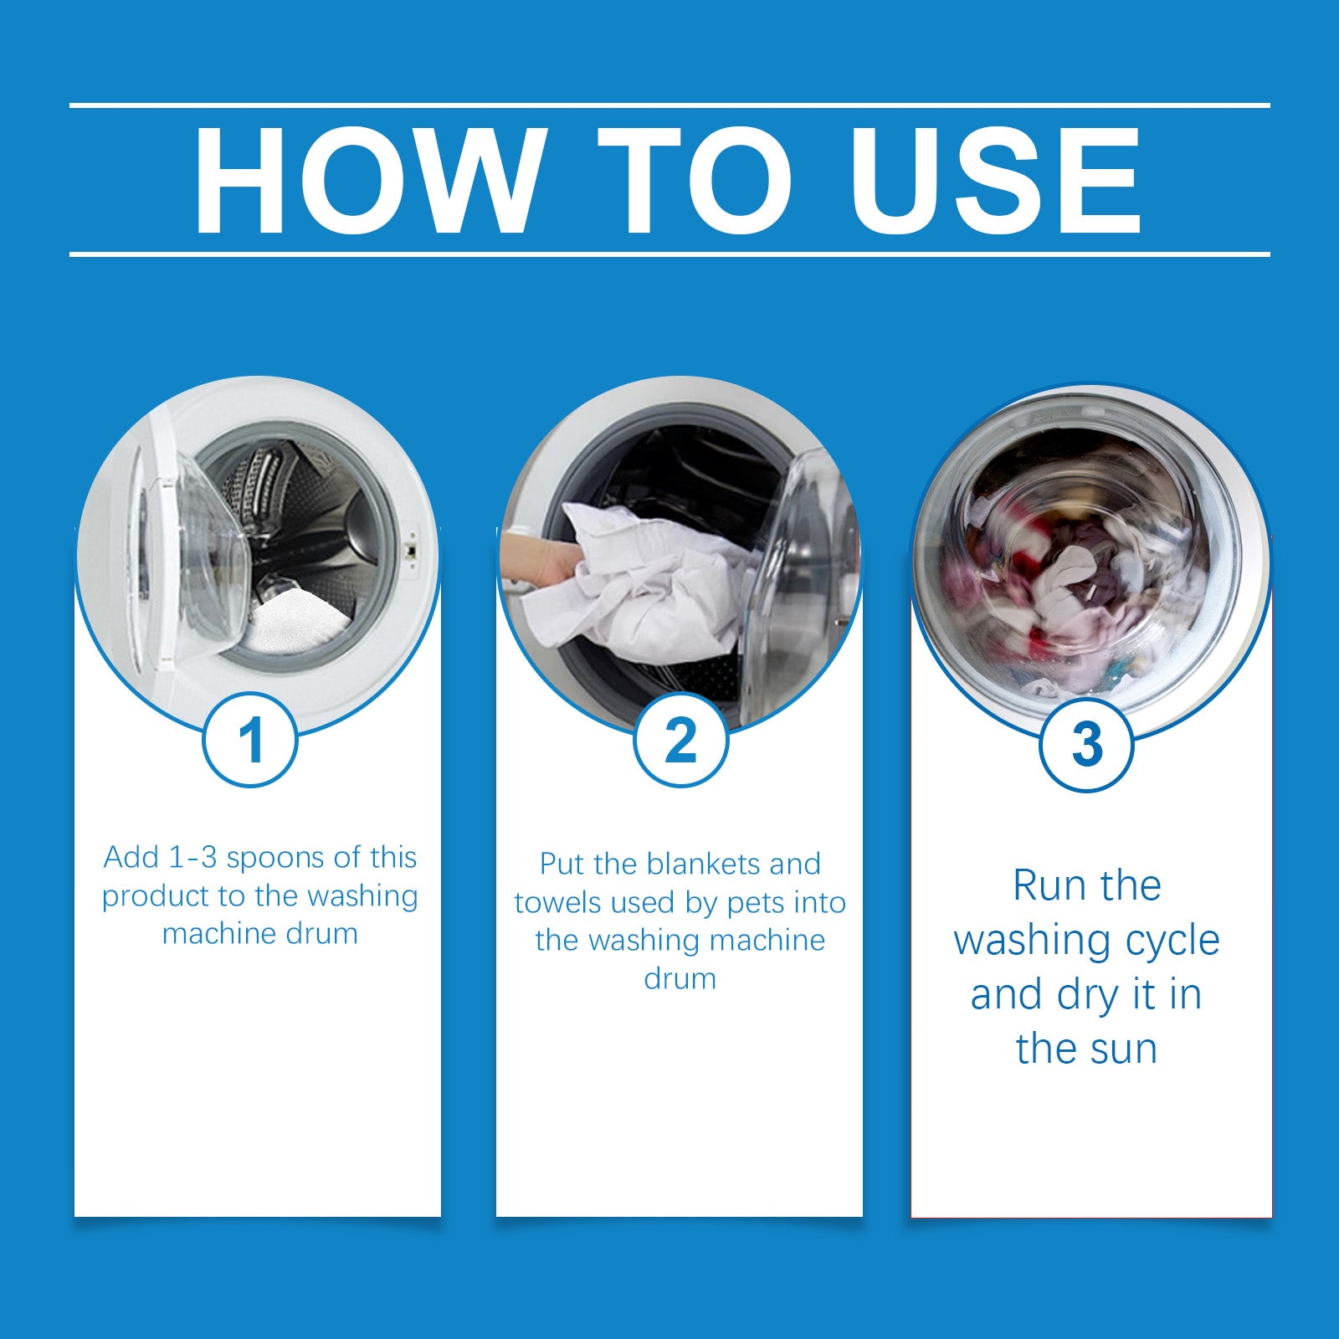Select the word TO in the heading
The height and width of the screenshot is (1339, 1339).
[x=695, y=180]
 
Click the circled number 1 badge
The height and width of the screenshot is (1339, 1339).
[x=251, y=740]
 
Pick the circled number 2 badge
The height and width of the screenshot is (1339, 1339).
[x=680, y=740]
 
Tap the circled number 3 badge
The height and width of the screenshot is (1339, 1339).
[x=1086, y=744]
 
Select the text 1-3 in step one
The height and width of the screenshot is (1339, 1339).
[x=193, y=858]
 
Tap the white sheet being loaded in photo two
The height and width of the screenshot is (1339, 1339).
[x=653, y=586]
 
